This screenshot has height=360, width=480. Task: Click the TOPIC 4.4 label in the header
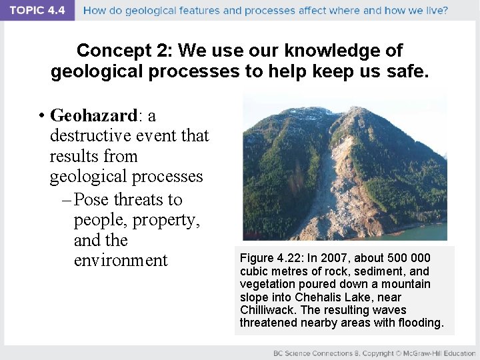37,11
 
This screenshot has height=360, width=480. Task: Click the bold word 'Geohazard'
93,116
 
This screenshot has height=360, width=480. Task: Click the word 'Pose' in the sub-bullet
92,200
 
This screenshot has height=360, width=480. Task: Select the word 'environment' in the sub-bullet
121,260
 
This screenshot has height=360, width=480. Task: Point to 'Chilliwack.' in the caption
265,310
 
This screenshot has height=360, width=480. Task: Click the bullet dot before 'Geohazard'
41,117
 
